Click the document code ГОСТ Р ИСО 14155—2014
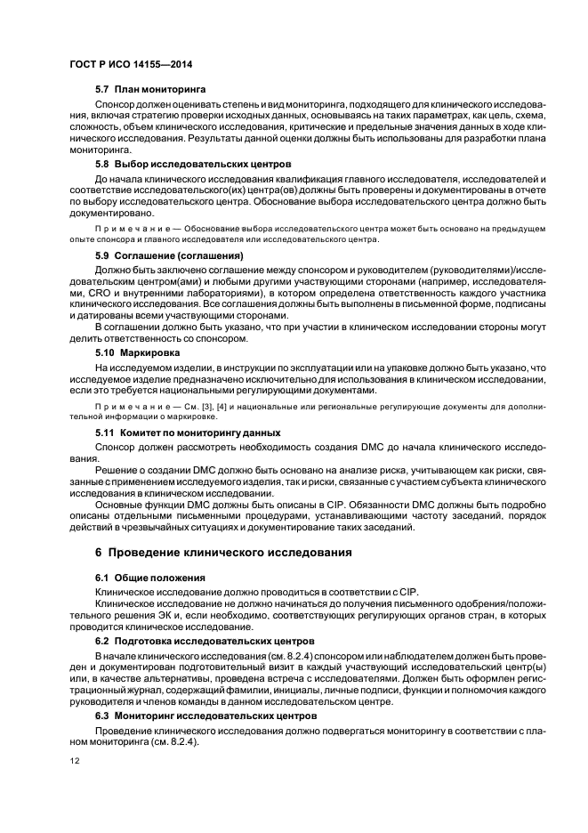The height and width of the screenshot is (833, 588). pyautogui.click(x=131, y=66)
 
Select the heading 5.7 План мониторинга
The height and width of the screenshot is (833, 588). pyautogui.click(x=150, y=90)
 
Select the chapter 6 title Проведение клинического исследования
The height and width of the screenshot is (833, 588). pyautogui.click(x=223, y=553)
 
